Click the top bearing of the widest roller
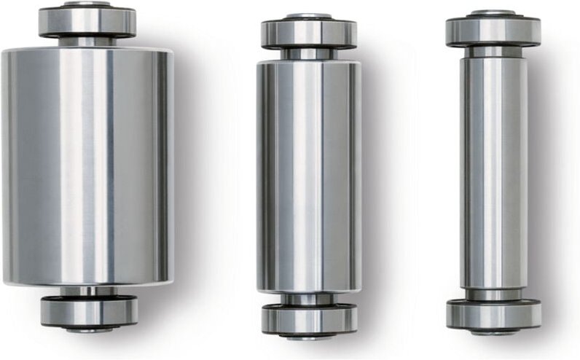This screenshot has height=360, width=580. pos(87,23)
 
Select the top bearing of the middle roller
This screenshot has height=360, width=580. pos(309,34)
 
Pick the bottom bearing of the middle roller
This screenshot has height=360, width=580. pos(309,318)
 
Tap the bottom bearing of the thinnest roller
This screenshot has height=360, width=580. pos(493,314)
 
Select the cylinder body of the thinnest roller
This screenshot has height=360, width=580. pos(493,172)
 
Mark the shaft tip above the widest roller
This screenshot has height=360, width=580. pos(87,4)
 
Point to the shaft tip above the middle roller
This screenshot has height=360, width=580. pos(309,15)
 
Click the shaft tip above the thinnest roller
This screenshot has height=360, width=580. pos(493,12)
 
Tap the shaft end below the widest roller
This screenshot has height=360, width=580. pos(89,330)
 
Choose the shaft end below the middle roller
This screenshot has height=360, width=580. pos(309,336)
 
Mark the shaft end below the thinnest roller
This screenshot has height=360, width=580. pos(493,332)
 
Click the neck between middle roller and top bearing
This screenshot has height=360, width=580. pos(309,54)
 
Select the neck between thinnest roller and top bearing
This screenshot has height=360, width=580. pos(493,51)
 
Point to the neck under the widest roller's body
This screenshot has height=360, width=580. pos(88,291)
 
